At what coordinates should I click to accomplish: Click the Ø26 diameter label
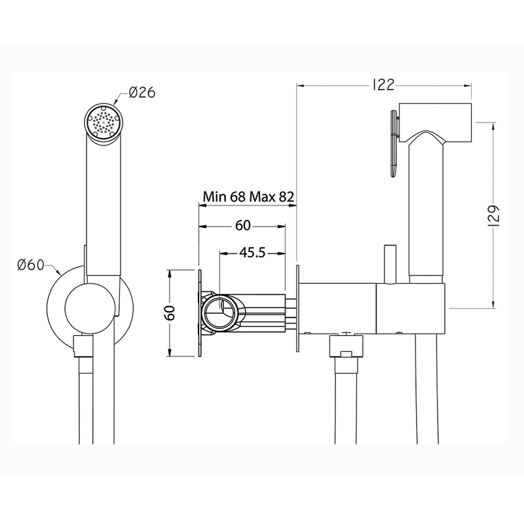(142, 92)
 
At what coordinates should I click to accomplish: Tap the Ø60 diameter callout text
(31, 265)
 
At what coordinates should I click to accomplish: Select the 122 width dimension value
(384, 85)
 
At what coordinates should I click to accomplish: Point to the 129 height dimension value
(495, 216)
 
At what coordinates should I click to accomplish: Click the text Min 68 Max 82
(249, 196)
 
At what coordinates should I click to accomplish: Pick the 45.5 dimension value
(252, 253)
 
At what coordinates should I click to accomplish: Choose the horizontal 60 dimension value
(242, 225)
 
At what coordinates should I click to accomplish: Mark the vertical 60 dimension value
(170, 313)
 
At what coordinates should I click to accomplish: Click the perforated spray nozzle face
(104, 122)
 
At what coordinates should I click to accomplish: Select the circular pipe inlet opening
(221, 312)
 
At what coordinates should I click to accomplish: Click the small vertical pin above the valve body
(390, 265)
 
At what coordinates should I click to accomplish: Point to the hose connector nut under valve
(346, 346)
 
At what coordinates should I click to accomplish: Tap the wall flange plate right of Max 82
(297, 309)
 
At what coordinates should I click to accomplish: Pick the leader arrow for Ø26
(121, 98)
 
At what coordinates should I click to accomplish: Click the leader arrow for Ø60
(52, 270)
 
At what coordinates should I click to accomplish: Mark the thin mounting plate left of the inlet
(200, 313)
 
